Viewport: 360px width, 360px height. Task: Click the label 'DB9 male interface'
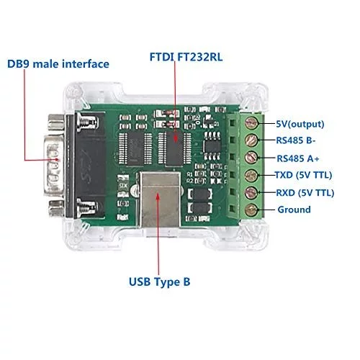point(58,64)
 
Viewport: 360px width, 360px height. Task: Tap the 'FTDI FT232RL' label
point(186,57)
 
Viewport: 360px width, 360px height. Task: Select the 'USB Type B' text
point(159,282)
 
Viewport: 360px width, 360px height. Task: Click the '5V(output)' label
point(300,124)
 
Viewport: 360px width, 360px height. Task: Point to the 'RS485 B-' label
point(296,140)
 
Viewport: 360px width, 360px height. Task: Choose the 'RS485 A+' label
point(298,158)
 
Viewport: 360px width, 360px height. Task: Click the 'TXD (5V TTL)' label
point(303,175)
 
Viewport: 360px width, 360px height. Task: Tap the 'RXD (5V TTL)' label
point(305,193)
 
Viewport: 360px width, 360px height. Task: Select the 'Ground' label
point(294,210)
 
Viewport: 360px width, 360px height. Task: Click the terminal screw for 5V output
point(251,123)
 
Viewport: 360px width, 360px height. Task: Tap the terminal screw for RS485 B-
point(251,140)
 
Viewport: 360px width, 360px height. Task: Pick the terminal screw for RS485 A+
point(251,157)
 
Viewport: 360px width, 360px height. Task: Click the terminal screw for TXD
point(251,175)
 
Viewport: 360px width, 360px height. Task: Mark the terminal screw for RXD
point(251,192)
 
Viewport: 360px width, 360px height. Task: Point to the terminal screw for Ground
point(251,210)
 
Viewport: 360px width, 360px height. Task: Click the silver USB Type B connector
point(160,199)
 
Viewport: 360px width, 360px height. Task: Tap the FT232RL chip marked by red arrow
point(174,148)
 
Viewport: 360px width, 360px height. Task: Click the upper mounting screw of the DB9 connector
point(87,122)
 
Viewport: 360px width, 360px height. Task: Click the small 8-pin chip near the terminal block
point(212,146)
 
